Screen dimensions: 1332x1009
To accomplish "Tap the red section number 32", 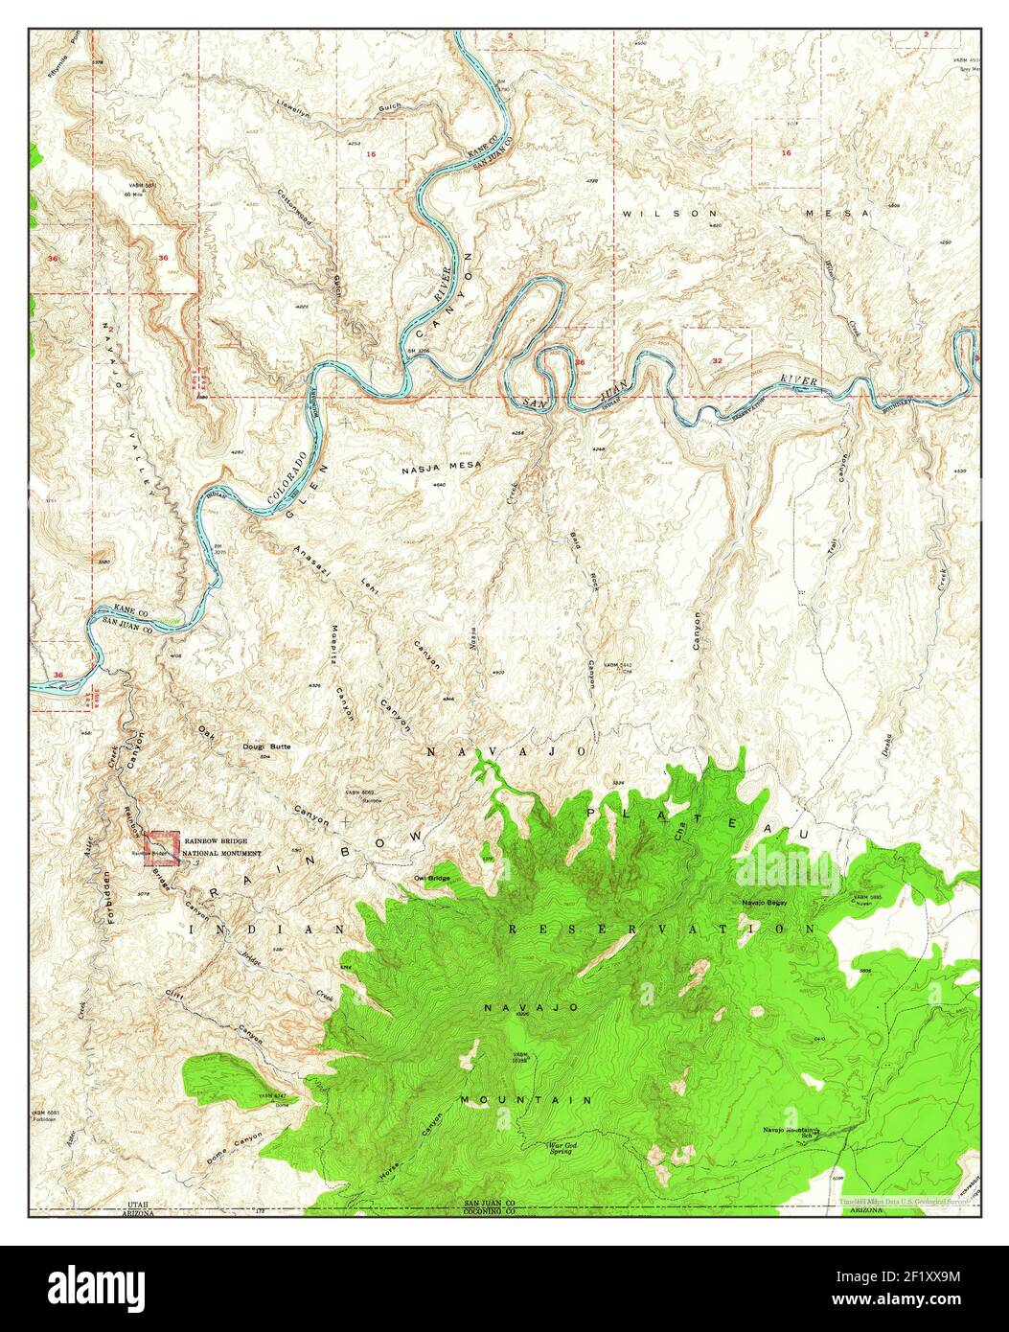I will click(718, 360).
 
